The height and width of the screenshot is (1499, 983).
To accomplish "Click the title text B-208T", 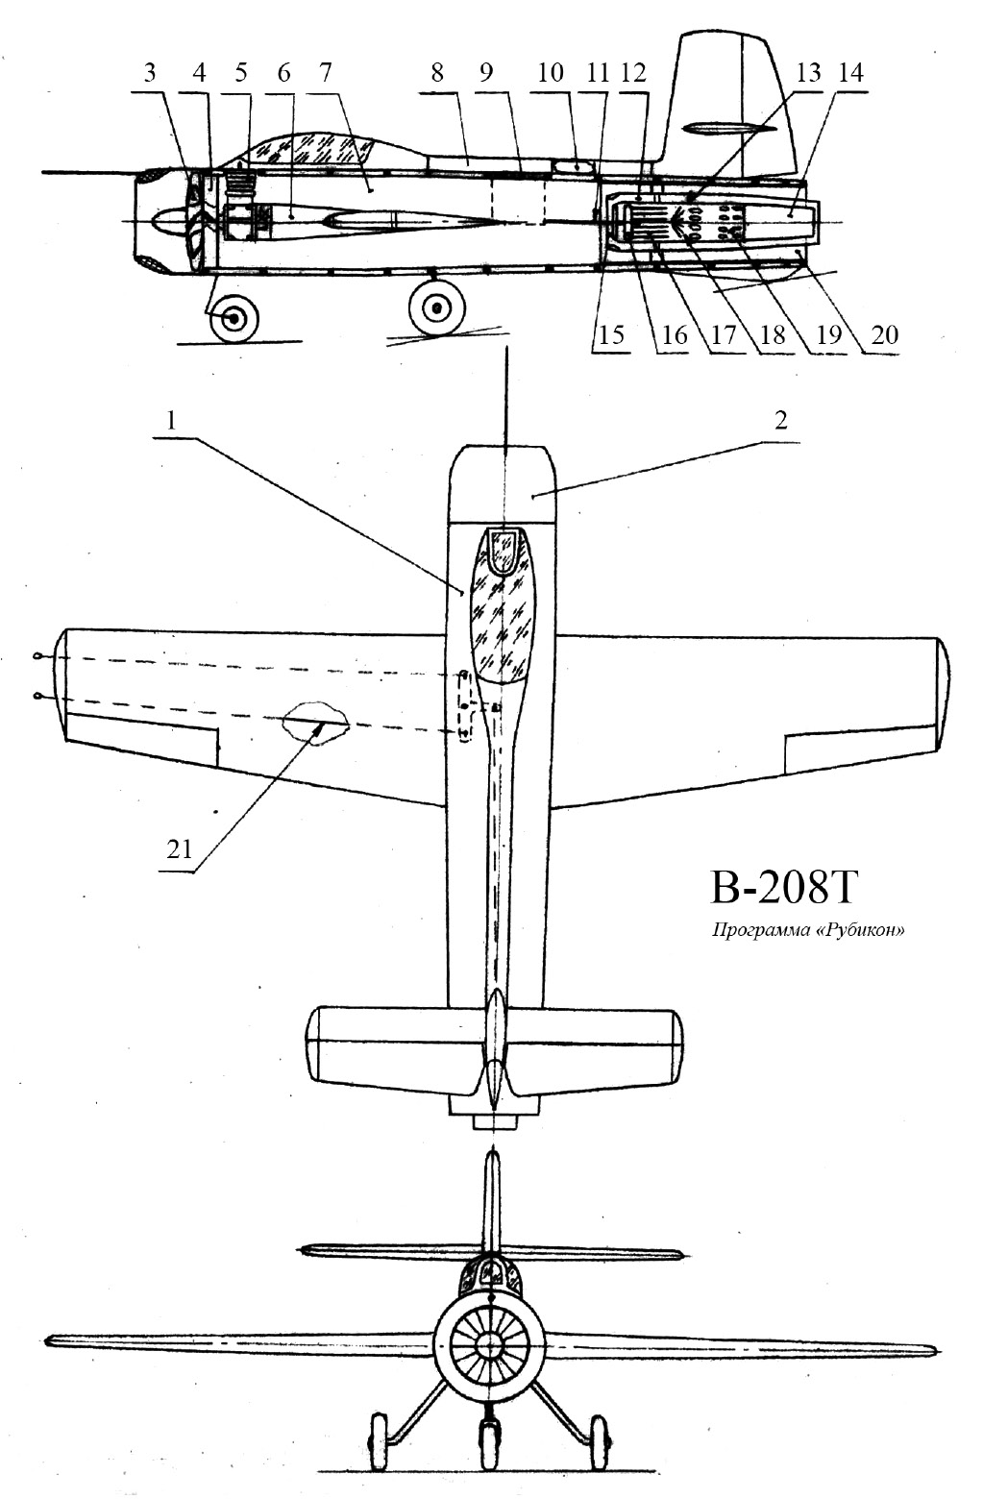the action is (x=783, y=887).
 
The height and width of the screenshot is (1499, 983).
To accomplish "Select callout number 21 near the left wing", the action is (x=179, y=849).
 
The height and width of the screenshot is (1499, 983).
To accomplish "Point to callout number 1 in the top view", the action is (x=171, y=421).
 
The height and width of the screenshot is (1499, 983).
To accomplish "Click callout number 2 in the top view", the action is (x=780, y=421).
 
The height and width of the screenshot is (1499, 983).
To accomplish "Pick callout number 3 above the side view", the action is (x=150, y=72).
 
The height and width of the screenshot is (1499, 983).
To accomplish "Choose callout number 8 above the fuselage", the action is (x=437, y=72).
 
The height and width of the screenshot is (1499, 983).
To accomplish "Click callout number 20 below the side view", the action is (x=884, y=334).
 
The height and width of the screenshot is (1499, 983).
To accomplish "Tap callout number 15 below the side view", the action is (x=610, y=334).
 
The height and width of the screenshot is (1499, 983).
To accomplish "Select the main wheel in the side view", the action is (x=437, y=307).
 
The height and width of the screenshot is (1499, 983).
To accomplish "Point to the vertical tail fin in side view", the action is (x=733, y=100).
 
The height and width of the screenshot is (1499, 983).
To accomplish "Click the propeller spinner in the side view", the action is (x=167, y=221).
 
